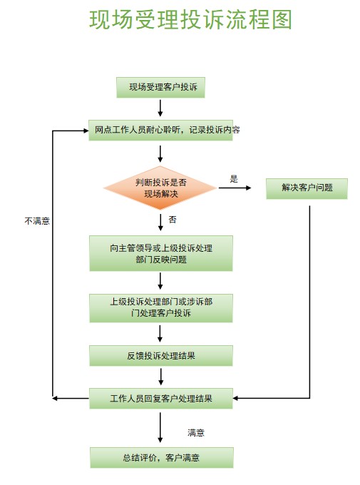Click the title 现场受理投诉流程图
point(190,20)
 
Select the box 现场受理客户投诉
point(160,88)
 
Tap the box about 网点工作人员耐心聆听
point(161,131)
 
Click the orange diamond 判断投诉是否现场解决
point(160,188)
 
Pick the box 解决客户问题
point(307,188)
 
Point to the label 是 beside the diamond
point(234,178)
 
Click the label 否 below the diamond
point(173,220)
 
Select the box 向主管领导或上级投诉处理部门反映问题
point(161,253)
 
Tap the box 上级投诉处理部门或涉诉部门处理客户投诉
point(161,308)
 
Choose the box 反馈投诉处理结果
point(161,356)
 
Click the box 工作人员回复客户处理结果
point(161,399)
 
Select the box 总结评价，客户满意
point(162,457)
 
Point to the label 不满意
point(37,221)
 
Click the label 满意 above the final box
point(196,432)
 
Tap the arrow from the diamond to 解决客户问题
point(235,188)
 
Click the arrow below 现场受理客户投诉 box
point(160,108)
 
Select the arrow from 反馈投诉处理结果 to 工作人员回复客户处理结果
point(160,377)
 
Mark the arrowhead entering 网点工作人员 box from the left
point(86,131)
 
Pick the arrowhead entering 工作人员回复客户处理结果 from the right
point(236,398)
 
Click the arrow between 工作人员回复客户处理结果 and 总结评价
point(160,427)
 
